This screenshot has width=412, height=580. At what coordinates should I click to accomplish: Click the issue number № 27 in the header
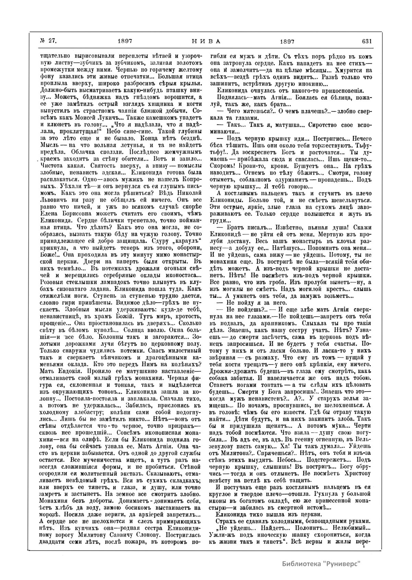point(48,41)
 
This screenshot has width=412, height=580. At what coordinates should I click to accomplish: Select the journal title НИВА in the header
point(205,41)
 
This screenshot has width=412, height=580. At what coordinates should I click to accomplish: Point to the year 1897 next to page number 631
point(287,41)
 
